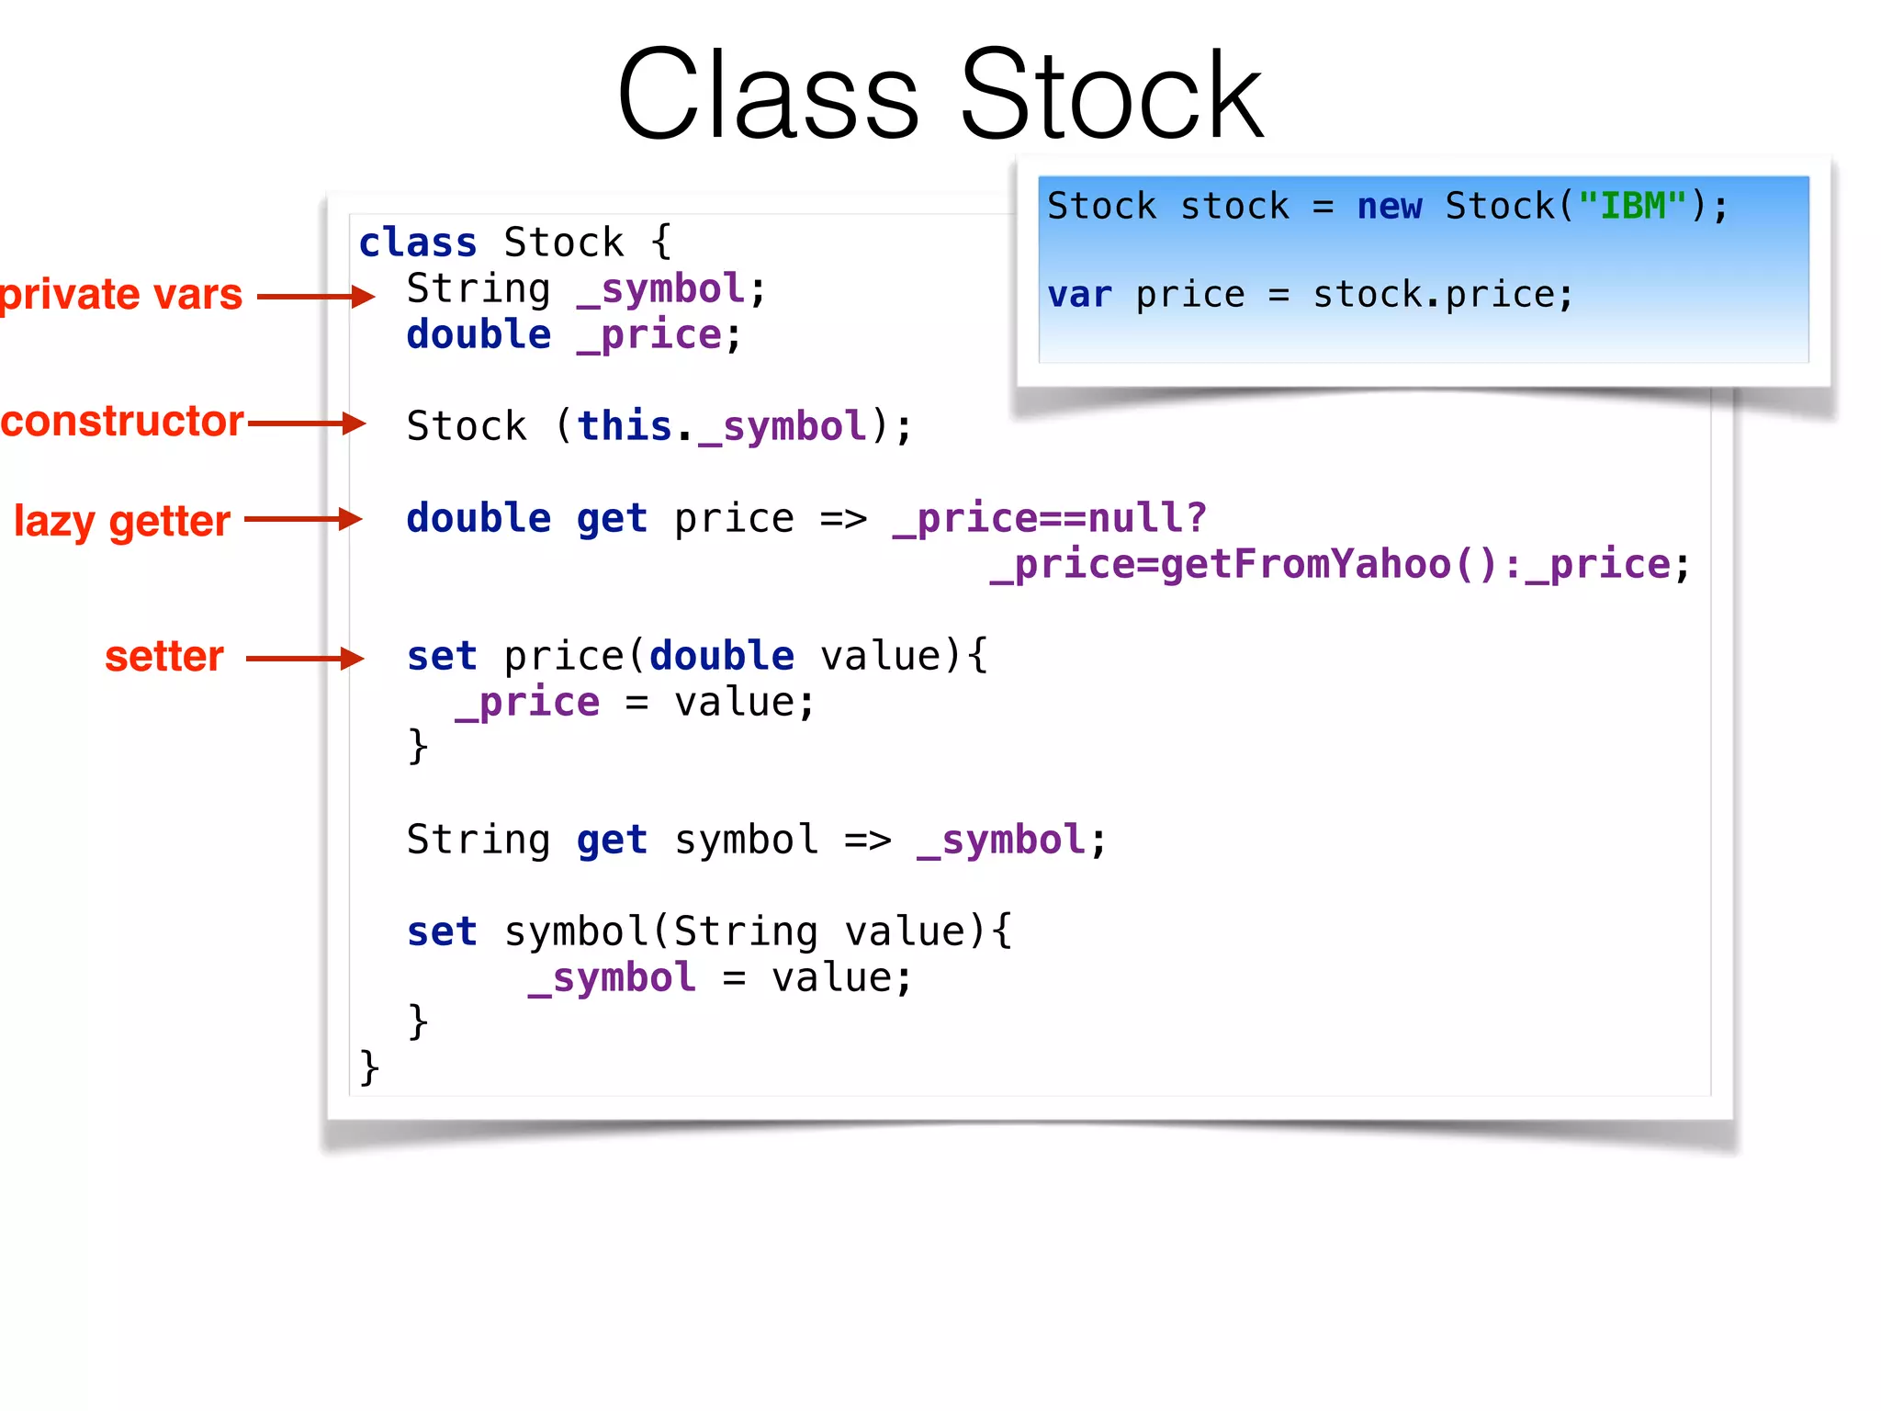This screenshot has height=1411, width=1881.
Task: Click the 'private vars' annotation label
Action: pos(121,295)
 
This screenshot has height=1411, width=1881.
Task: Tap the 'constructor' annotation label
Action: pos(122,422)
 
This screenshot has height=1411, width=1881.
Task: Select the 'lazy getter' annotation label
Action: pos(122,521)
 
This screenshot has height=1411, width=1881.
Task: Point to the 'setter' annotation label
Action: pos(164,657)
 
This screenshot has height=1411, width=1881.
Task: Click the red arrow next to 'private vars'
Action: pos(316,296)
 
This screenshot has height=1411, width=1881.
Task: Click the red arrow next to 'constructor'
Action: pos(307,423)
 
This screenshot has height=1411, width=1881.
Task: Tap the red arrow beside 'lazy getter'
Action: pos(303,519)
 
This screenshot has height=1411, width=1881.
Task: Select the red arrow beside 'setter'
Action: pos(305,658)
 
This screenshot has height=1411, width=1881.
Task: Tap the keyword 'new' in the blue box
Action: pos(1390,206)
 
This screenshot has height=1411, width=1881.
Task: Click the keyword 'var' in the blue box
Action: pos(1079,295)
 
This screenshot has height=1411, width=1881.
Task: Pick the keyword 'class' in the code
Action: pos(418,243)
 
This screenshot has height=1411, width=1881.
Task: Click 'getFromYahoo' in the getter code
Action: pos(1304,564)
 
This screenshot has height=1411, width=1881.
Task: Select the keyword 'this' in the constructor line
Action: pos(625,426)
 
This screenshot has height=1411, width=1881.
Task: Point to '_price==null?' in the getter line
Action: pos(1050,518)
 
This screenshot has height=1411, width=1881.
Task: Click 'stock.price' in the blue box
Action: pos(1442,295)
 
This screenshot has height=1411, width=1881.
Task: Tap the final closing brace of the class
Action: pos(369,1067)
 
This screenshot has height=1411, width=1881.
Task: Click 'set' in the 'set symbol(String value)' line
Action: pos(442,931)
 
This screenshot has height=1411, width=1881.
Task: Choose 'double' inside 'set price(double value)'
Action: pos(722,656)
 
